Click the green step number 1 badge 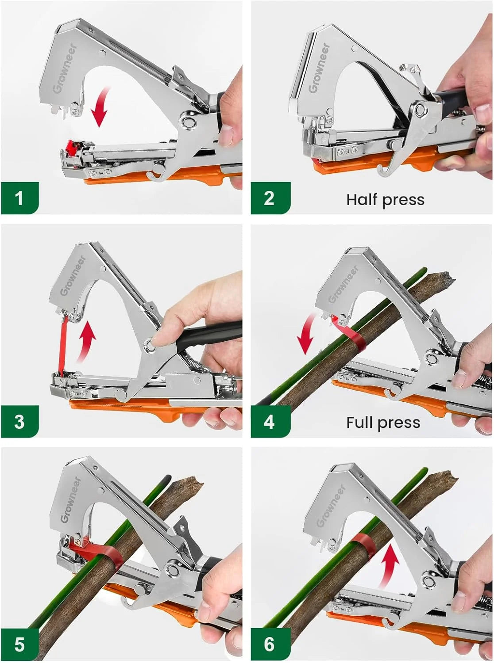coord(19,198)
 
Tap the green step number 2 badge coord(269,198)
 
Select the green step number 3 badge coord(19,421)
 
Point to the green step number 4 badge coord(269,421)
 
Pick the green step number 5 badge coord(19,644)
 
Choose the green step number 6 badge coord(269,644)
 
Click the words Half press coord(385,200)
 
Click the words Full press coord(383,423)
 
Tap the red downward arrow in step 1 coord(101,106)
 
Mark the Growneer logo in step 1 coord(65,69)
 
